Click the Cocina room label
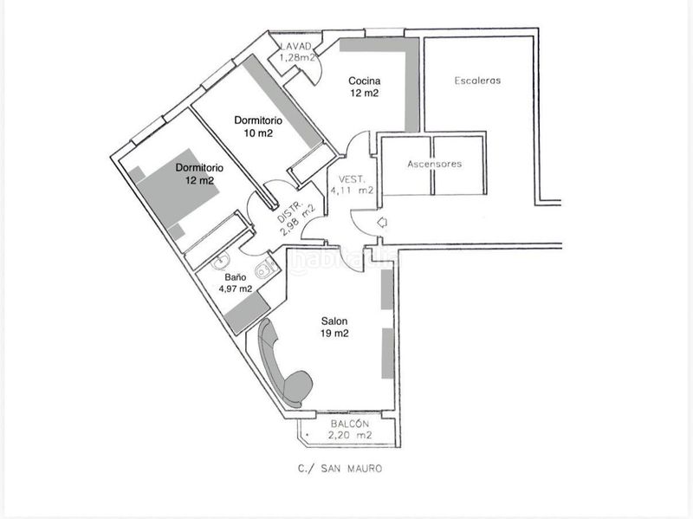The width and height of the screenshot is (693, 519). (x=364, y=81)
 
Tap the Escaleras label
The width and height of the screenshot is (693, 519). (x=477, y=81)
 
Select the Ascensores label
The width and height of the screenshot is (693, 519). (x=435, y=164)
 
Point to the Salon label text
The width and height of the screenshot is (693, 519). (x=334, y=321)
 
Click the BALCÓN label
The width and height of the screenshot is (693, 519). (x=350, y=424)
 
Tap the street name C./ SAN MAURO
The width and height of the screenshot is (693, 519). (x=340, y=469)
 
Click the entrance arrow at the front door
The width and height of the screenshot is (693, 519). (x=382, y=223)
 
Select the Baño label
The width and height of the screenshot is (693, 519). (x=235, y=277)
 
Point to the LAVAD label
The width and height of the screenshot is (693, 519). (x=296, y=47)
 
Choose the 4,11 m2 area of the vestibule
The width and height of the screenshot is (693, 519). (x=353, y=191)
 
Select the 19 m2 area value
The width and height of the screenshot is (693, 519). (x=334, y=334)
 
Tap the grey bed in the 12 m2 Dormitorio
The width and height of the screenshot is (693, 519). (x=178, y=188)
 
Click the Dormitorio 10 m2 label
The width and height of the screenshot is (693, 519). (x=258, y=127)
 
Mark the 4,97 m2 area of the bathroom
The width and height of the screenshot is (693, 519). (x=236, y=289)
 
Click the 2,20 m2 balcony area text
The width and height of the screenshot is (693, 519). (x=350, y=435)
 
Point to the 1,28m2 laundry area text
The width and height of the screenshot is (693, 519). (x=297, y=57)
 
